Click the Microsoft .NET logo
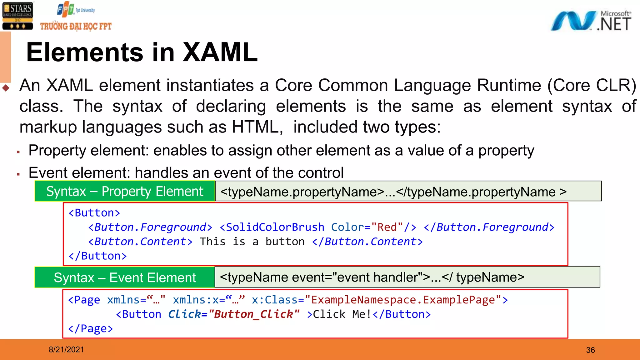[591, 21]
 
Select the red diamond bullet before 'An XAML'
[6, 88]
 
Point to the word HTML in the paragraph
[255, 127]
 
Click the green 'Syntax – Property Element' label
[125, 191]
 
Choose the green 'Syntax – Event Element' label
[125, 277]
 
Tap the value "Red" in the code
[387, 227]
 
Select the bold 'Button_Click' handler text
[253, 314]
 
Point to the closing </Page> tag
[91, 328]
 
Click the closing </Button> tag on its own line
[97, 256]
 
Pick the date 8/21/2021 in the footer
[66, 350]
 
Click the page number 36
[590, 350]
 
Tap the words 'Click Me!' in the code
[342, 314]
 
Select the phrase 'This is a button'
[252, 242]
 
